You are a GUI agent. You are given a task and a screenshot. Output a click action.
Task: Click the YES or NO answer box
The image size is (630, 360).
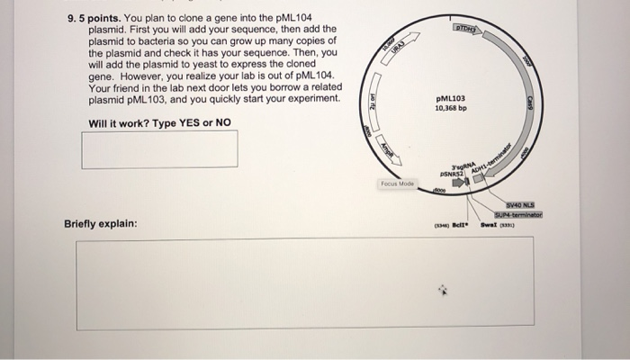159,148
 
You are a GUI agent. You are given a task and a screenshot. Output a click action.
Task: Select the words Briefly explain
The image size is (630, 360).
100,222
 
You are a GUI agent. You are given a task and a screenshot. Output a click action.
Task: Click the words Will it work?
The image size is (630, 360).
118,122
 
